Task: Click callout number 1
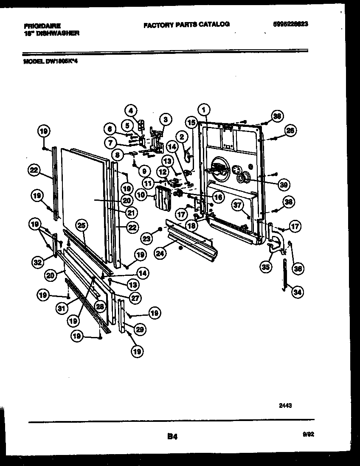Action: pos(205,110)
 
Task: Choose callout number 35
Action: pos(266,267)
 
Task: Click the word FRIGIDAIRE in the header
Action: pos(42,25)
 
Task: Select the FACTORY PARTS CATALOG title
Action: pos(186,25)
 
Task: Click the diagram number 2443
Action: pos(285,405)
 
